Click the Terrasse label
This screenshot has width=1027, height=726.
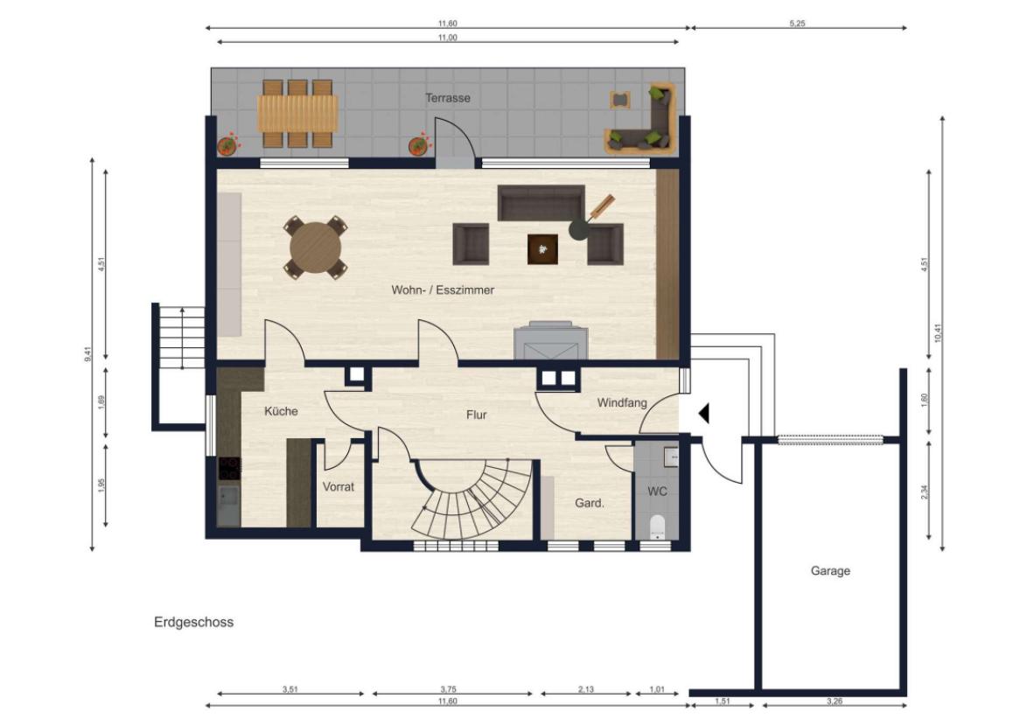tap(448, 98)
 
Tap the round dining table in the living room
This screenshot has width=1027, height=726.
tap(316, 248)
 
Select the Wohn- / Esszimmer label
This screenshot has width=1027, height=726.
tap(443, 290)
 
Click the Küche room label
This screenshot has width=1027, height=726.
tap(281, 411)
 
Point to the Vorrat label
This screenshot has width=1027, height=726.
tap(339, 487)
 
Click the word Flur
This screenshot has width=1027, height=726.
tap(477, 415)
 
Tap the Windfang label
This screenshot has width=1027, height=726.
tap(622, 403)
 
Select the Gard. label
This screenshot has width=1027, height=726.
tap(590, 504)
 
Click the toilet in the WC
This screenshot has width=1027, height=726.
tap(657, 527)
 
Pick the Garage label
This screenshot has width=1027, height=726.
tap(830, 571)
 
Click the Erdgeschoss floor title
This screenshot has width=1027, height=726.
tap(194, 623)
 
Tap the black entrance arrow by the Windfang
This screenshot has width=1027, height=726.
tap(704, 414)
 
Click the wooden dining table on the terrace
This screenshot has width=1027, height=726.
tap(298, 114)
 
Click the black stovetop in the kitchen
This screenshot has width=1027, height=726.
tap(229, 469)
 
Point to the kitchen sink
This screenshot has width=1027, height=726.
tap(229, 505)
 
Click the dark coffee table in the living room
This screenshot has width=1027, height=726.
tap(543, 249)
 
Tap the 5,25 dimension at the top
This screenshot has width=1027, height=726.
tap(797, 24)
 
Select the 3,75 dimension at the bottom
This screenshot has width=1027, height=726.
tap(448, 689)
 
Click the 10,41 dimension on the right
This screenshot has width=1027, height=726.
tap(938, 333)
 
